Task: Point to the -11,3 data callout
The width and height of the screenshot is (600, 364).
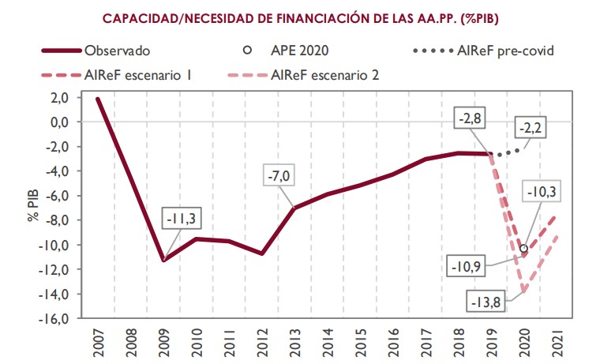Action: (x=182, y=219)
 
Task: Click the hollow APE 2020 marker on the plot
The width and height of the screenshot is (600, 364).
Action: (x=523, y=248)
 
